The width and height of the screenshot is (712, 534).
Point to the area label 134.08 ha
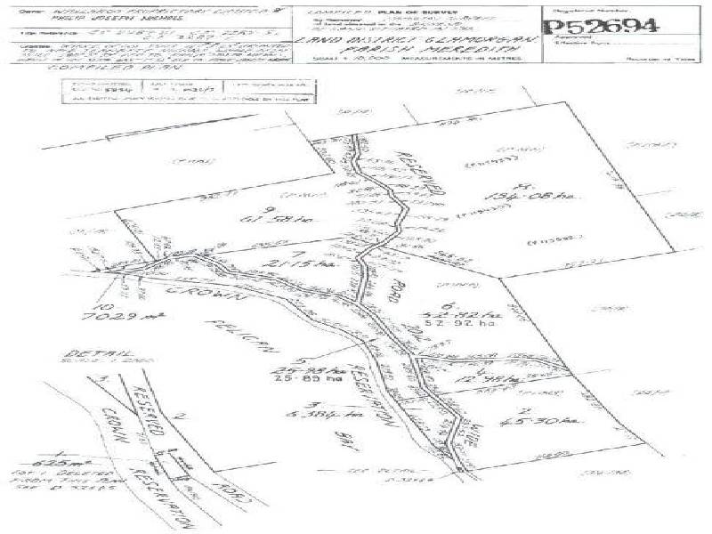coord(544,197)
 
